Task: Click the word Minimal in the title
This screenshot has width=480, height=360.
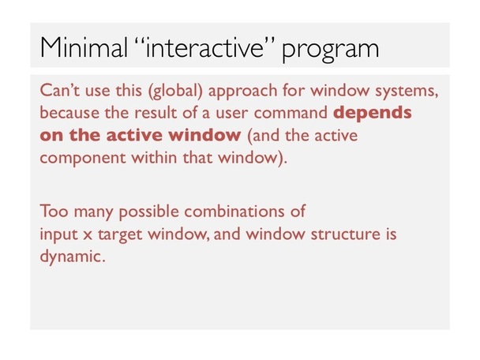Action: pyautogui.click(x=84, y=47)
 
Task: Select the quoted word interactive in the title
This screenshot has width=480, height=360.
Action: pyautogui.click(x=204, y=47)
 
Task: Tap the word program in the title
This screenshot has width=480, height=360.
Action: pyautogui.click(x=330, y=51)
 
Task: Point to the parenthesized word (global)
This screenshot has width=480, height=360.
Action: pyautogui.click(x=175, y=92)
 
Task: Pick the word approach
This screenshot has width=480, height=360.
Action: pyautogui.click(x=242, y=92)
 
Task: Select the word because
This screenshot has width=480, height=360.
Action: pyautogui.click(x=69, y=113)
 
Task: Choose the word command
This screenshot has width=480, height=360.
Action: pyautogui.click(x=291, y=113)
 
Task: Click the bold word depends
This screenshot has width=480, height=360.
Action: pyautogui.click(x=373, y=114)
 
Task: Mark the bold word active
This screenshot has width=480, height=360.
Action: pyautogui.click(x=133, y=135)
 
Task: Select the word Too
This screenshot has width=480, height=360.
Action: pyautogui.click(x=54, y=211)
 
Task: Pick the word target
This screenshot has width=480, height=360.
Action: pyautogui.click(x=120, y=235)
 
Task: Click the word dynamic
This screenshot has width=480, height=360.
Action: pyautogui.click(x=73, y=257)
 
